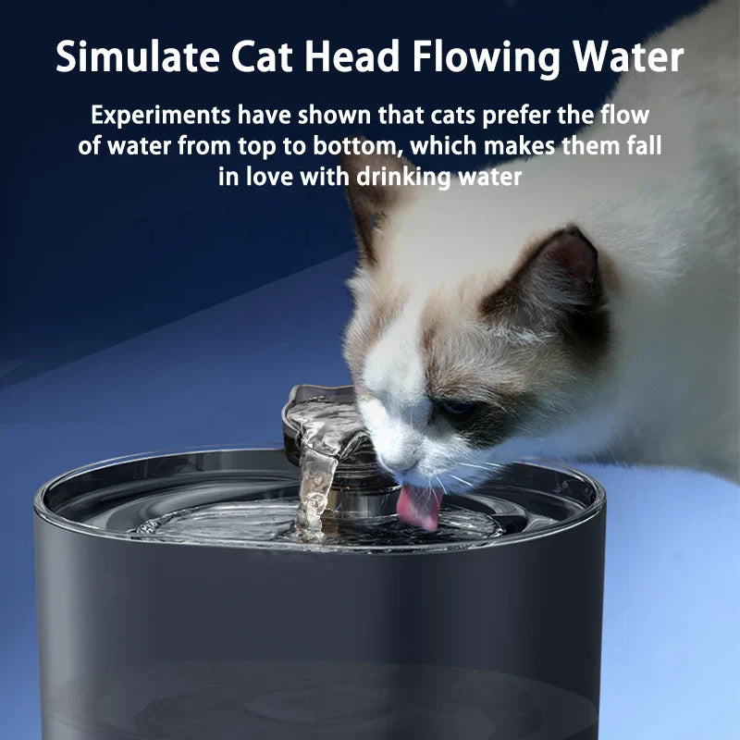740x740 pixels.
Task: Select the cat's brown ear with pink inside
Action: pos(561,268)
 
